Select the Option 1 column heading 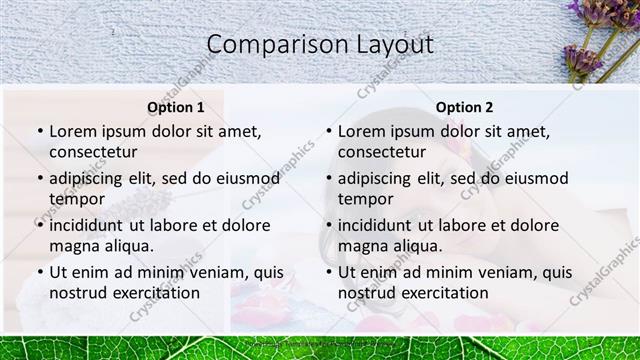(175, 107)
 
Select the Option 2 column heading (464, 107)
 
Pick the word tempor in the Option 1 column (76, 199)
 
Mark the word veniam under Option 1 (205, 272)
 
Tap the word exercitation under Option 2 (443, 293)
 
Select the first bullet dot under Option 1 (40, 131)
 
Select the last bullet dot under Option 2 (329, 272)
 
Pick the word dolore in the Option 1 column (244, 225)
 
